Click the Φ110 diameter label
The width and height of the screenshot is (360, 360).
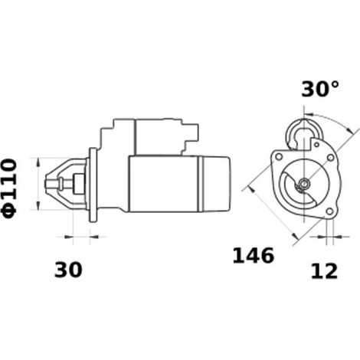10,189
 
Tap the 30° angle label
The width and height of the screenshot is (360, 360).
320,90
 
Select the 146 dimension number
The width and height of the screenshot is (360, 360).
254,256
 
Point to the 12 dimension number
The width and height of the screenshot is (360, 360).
324,271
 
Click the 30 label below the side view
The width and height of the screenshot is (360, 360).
68,270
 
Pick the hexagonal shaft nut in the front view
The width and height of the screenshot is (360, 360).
304,184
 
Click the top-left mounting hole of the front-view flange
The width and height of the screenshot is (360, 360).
279,156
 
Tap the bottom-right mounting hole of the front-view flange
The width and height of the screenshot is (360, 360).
330,211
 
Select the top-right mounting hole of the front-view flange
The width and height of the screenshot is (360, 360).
331,158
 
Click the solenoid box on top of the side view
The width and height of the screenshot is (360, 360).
159,137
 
